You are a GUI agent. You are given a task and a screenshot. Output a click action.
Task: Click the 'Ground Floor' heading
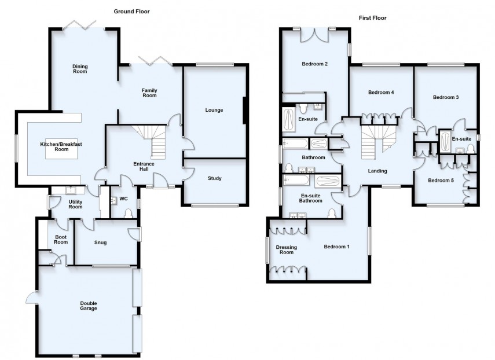[x=131, y=11]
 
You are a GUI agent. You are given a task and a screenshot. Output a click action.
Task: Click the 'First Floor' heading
[x=371, y=18]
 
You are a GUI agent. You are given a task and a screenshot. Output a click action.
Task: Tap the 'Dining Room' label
[x=80, y=69]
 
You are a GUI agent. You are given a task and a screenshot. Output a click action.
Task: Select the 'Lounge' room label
[x=214, y=110]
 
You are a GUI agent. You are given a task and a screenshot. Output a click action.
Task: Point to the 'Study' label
[x=217, y=178]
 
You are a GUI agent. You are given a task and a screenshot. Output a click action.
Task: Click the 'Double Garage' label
[x=89, y=306]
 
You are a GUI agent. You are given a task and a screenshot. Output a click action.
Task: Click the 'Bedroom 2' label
[x=315, y=64]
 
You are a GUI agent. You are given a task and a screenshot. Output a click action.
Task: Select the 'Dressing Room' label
[x=287, y=250]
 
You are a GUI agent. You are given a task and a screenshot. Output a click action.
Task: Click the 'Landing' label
[x=377, y=171]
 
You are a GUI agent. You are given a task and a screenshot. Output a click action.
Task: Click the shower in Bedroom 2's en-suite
[x=288, y=120]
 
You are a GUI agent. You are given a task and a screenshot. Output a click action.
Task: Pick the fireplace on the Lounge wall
[x=245, y=110]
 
